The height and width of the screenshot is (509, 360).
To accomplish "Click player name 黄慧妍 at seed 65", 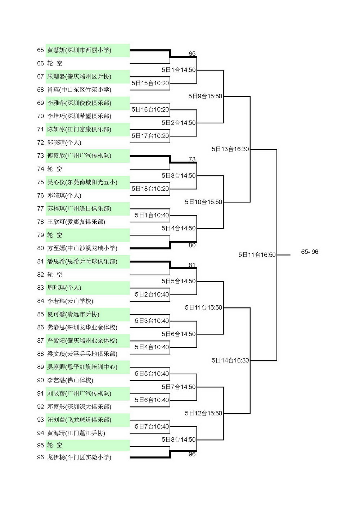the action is [x=56, y=50].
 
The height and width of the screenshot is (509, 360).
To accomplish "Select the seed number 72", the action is [x=40, y=143].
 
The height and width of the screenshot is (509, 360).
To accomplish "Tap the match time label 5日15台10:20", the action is [x=150, y=83].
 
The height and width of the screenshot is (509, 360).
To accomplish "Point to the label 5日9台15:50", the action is [x=205, y=96].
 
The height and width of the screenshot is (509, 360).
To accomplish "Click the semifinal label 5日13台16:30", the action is [x=230, y=149].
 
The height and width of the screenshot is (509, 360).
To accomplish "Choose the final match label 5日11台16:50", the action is [x=257, y=255].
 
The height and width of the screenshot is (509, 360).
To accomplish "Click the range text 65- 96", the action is [x=310, y=252].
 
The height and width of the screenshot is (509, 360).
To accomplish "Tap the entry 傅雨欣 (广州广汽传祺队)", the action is [x=79, y=156].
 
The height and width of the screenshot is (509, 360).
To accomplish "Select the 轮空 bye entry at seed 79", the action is [x=55, y=235].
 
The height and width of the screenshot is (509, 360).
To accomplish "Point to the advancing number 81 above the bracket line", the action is [x=192, y=265].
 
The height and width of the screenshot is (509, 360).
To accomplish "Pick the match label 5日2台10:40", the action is [x=152, y=294].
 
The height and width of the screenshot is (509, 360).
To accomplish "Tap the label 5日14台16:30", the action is [x=230, y=360].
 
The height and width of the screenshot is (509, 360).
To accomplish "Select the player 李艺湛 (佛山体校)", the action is [x=70, y=380].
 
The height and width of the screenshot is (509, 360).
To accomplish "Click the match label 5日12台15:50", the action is [x=204, y=413].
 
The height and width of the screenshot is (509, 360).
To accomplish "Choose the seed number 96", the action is [x=40, y=457].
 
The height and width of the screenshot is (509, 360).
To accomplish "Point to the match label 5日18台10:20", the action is [x=150, y=189].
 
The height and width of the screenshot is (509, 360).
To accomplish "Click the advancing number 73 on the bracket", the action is [x=192, y=159].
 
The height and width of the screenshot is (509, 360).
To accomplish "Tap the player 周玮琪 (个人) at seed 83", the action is [x=64, y=288].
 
